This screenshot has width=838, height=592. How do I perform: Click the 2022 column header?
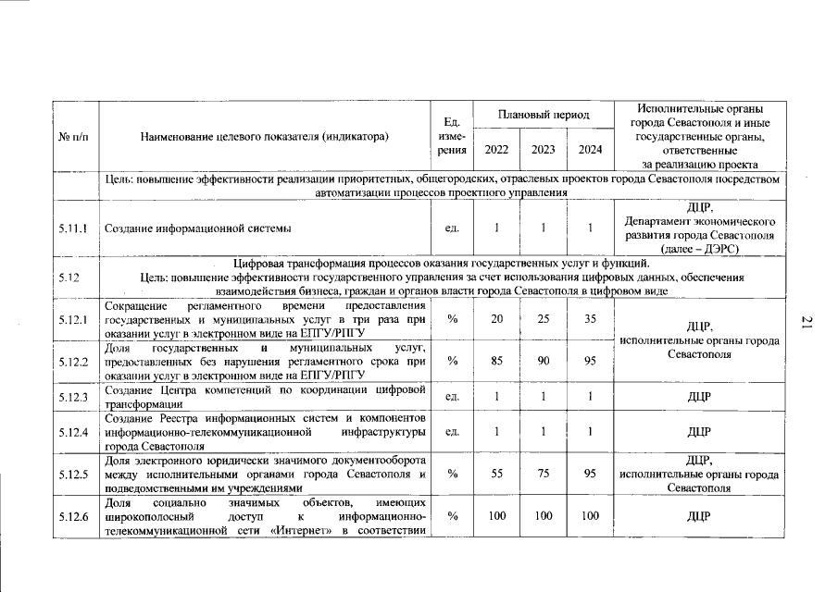[x=497, y=148]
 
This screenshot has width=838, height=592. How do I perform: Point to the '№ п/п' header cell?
[x=74, y=136]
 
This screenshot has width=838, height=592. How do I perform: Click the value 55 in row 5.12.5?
[x=497, y=473]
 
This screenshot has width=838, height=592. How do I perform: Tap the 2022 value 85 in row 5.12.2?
[x=497, y=361]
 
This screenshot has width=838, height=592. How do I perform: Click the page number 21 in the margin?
[x=806, y=322]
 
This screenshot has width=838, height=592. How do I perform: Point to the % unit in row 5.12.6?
[x=454, y=515]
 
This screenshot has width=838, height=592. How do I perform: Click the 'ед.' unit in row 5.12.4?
[x=454, y=431]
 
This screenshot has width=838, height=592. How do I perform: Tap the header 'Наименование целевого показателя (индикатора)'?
[x=263, y=136]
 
